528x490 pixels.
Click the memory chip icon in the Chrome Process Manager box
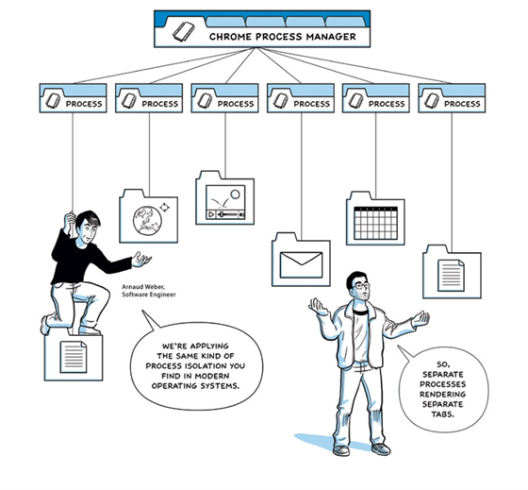184,32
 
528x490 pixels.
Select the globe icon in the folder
147,220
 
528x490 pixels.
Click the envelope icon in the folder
301,264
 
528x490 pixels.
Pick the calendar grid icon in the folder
376,223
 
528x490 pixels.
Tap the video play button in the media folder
211,214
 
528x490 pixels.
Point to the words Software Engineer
149,295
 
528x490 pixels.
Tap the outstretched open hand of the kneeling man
141,259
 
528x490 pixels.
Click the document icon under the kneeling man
74,357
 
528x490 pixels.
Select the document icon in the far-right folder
451,276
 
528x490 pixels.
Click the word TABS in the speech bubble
443,414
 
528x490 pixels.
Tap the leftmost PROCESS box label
84,104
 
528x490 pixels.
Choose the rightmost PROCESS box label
462,104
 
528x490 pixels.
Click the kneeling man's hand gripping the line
71,220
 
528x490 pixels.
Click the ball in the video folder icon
235,194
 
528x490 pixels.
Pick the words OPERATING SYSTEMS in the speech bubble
196,386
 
